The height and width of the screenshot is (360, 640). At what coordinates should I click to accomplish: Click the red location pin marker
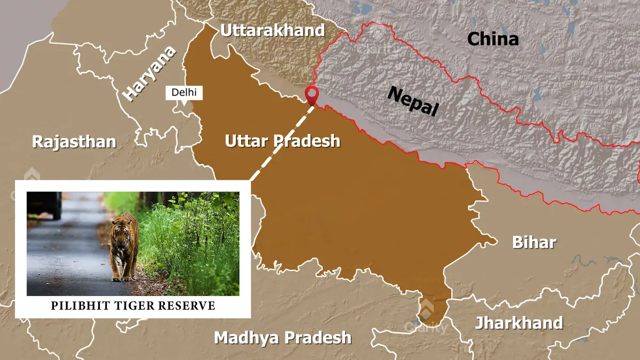(311, 95)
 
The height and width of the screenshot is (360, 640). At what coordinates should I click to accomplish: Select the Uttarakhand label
(273, 30)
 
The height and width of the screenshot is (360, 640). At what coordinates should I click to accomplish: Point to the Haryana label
(149, 73)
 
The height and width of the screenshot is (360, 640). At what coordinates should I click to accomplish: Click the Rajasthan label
(74, 142)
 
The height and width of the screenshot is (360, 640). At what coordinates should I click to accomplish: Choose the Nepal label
(413, 100)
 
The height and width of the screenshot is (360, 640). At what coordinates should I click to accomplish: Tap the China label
(493, 39)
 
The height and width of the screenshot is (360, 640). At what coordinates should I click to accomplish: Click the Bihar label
(534, 242)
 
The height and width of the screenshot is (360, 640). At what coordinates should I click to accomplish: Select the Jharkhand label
(519, 323)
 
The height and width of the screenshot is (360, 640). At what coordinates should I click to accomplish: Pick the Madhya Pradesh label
(283, 338)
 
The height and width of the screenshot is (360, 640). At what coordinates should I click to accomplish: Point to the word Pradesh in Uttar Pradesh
(307, 141)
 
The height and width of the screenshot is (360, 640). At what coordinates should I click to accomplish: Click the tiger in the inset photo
(124, 246)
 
